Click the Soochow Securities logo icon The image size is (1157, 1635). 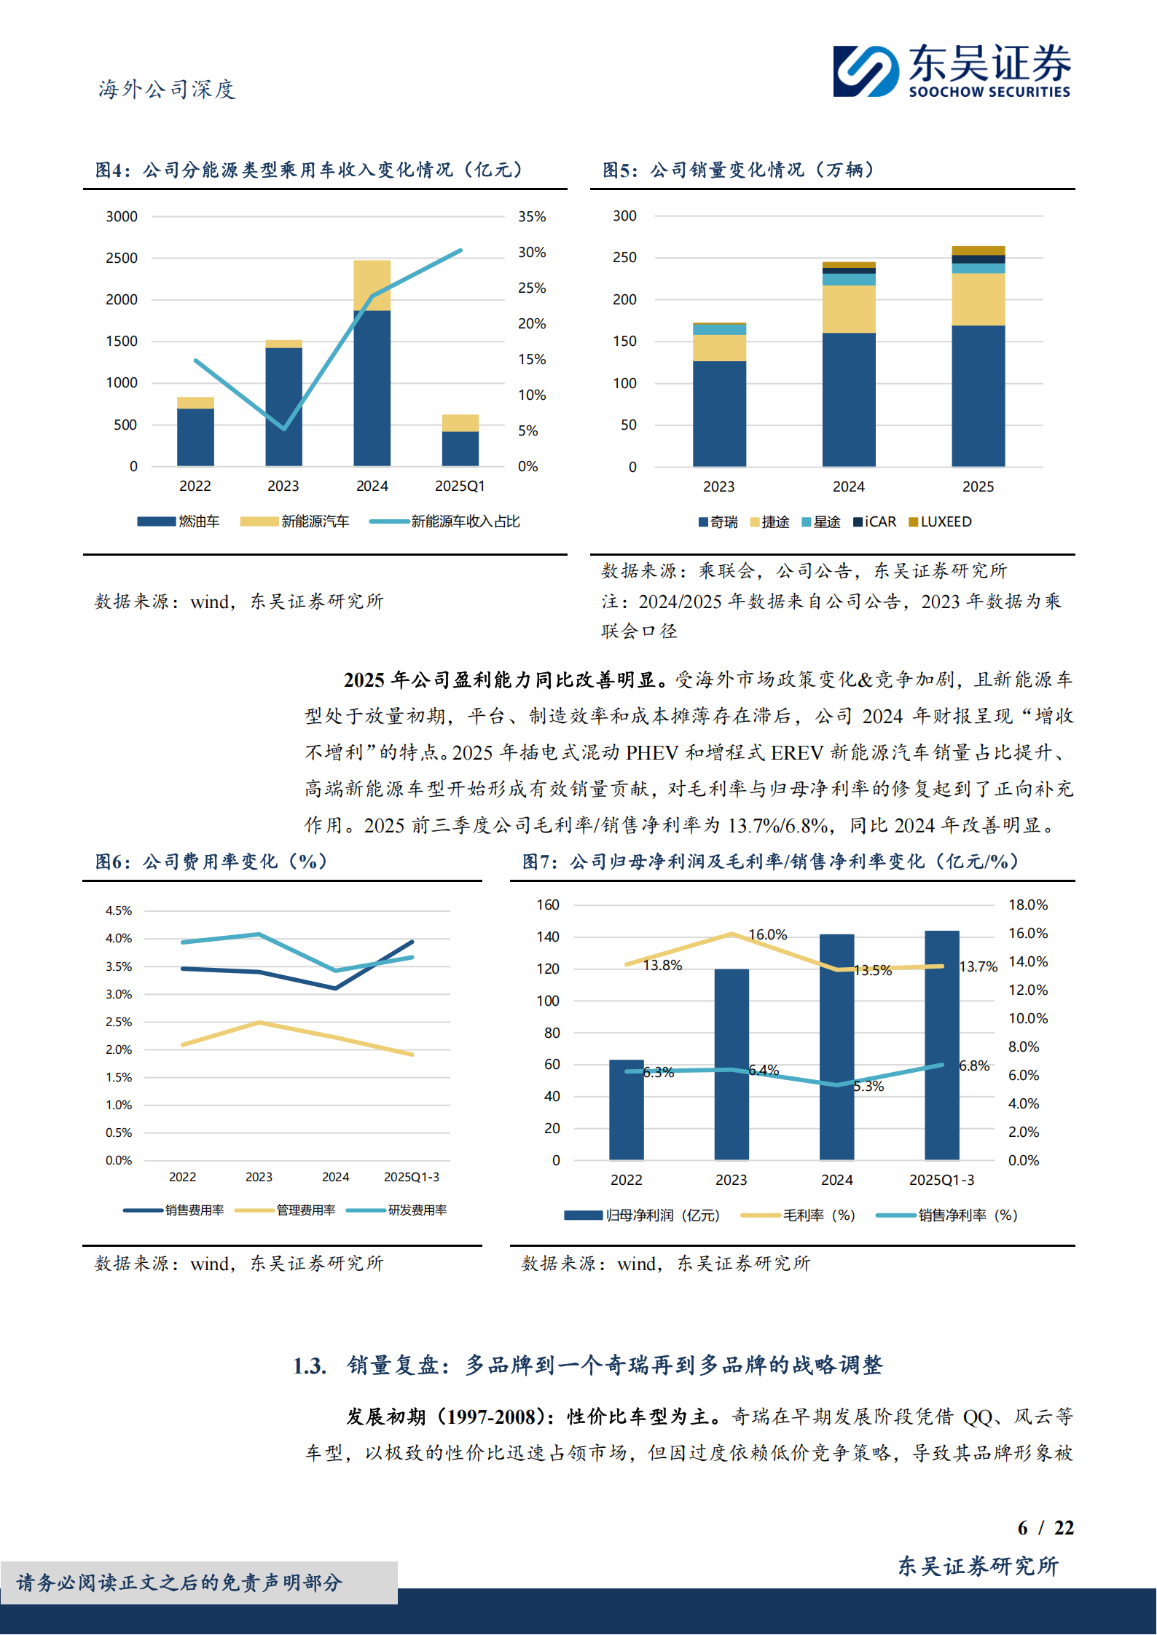pos(866,71)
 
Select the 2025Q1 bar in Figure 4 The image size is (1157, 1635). pos(460,440)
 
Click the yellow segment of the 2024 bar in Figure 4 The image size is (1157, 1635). pos(372,285)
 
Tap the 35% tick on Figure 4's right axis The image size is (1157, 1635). pos(532,216)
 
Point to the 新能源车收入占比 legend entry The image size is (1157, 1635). pos(445,521)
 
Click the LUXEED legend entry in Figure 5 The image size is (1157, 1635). pos(940,521)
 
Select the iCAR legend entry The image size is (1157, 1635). pos(875,521)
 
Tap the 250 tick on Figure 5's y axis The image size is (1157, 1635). pos(624,257)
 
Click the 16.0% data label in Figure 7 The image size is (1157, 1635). pos(767,934)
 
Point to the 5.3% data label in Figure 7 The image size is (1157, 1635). pos(868,1086)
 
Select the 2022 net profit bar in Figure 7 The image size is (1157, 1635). pos(626,1111)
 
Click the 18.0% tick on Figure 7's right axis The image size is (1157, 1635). pos(1027,905)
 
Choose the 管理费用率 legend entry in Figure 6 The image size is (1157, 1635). pos(286,1210)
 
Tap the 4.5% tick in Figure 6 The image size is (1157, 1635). pos(119,910)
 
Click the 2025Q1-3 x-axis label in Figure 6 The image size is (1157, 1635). pos(411,1177)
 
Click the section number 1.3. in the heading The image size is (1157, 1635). pos(310,1366)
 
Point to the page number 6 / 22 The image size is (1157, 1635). pos(1045,1527)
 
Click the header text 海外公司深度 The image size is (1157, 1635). pos(167,89)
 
